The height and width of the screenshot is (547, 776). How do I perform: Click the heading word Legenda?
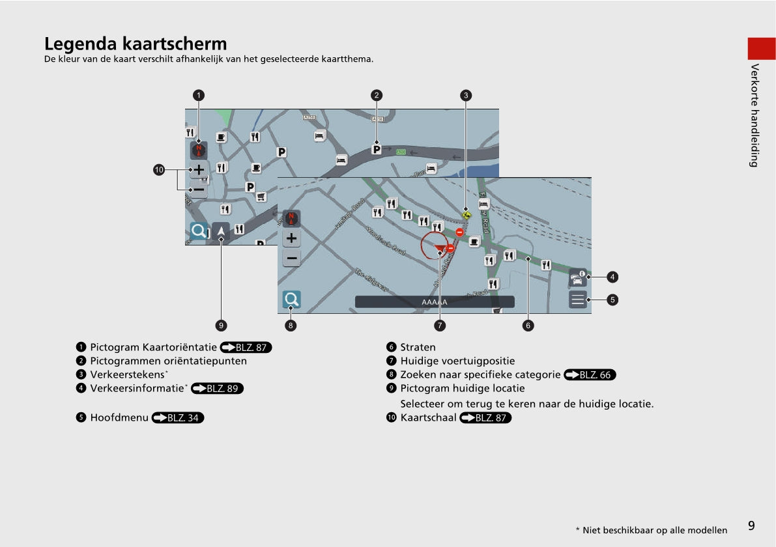[x=80, y=44]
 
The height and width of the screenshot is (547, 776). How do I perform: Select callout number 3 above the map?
[x=466, y=95]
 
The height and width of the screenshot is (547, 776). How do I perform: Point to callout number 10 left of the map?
[x=159, y=170]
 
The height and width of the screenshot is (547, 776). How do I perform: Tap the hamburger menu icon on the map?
[x=578, y=300]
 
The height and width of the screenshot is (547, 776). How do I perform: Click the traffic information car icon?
[x=578, y=278]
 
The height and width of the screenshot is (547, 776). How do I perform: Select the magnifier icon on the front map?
[x=291, y=300]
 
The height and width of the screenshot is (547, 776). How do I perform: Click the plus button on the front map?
[x=291, y=238]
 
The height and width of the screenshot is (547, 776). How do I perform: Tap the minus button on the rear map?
[x=199, y=189]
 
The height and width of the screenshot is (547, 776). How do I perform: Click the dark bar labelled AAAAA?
[x=435, y=302]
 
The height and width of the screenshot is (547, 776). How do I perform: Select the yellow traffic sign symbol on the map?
[x=466, y=214]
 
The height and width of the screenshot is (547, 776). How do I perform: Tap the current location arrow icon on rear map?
[x=221, y=231]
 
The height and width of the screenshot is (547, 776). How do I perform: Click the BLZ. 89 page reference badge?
[x=217, y=389]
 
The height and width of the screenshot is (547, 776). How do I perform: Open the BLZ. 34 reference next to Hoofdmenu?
[x=178, y=418]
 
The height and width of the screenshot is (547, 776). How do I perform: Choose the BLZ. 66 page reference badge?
[x=590, y=375]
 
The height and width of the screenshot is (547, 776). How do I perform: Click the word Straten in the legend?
[x=418, y=348]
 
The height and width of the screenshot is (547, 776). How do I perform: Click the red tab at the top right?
[x=760, y=49]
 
